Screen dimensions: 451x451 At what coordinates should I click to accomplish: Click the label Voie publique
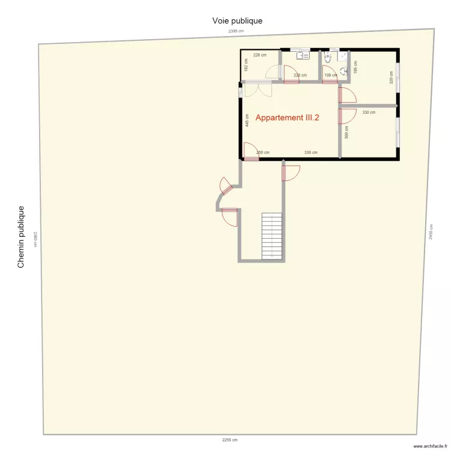click(237, 20)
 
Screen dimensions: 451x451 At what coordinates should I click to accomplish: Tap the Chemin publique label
click(21, 237)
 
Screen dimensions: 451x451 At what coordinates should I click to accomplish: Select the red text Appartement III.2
click(287, 118)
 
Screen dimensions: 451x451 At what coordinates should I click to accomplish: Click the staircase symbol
click(272, 236)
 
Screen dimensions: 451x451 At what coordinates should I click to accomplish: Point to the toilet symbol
click(328, 58)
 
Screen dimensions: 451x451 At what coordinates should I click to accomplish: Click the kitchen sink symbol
click(302, 56)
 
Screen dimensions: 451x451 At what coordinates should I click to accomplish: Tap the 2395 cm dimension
click(236, 31)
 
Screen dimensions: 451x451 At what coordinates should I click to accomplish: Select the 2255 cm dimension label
click(230, 440)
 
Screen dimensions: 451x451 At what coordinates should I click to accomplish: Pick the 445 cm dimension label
click(247, 120)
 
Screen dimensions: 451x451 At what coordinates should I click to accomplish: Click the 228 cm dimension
click(259, 55)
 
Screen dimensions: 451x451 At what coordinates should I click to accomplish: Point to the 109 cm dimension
click(330, 75)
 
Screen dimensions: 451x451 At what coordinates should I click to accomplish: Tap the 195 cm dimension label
click(355, 67)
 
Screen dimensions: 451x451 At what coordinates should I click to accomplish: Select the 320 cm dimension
click(391, 78)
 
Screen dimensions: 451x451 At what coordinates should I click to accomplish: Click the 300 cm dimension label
click(346, 132)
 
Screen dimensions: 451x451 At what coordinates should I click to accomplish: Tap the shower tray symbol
click(343, 56)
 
